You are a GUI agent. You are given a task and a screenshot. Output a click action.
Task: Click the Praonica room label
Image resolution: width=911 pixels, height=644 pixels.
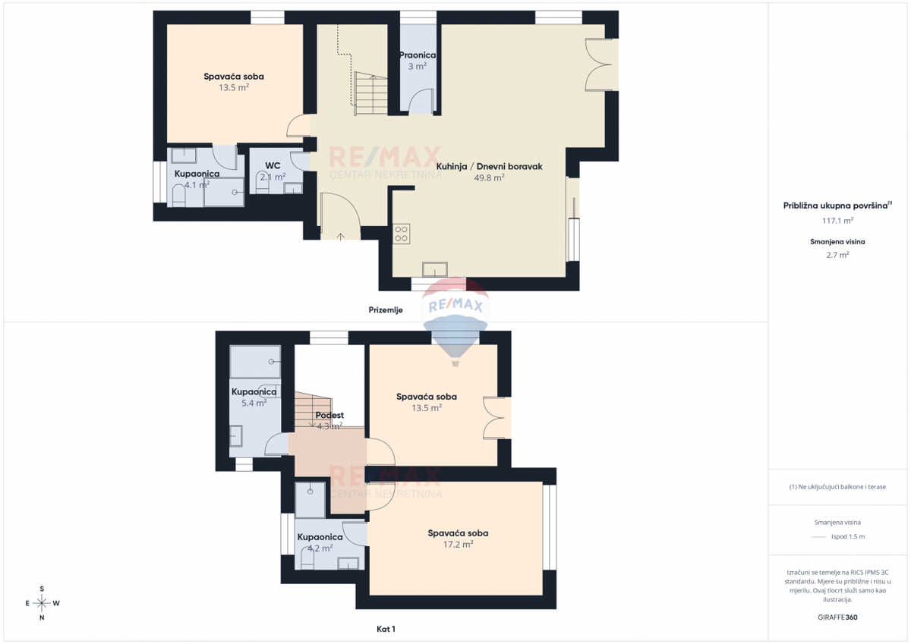click(x=418, y=55)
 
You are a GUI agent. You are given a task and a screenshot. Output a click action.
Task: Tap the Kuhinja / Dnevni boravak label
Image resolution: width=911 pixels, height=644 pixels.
click(x=489, y=166)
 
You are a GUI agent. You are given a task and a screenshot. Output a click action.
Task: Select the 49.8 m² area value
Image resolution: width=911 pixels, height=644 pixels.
click(x=489, y=178)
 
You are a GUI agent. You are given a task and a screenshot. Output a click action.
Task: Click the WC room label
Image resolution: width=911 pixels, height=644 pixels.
click(x=273, y=165)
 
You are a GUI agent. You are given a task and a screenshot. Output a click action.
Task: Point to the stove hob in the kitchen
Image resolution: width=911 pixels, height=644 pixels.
click(x=401, y=234)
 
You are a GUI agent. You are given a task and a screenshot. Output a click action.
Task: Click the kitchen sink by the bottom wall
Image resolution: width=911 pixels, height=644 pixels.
click(x=435, y=269)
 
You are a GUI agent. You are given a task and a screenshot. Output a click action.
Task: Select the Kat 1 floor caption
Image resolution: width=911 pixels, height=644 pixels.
click(x=386, y=629)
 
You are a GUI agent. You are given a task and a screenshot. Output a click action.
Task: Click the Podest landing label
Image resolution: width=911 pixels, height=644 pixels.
click(x=329, y=415)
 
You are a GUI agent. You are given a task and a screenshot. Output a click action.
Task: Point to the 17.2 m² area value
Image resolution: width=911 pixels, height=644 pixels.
click(x=458, y=545)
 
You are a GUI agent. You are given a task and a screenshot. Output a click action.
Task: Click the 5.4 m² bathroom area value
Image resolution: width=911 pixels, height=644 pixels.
click(x=254, y=404)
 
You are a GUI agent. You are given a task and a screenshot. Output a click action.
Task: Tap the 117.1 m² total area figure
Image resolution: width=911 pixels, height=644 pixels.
click(x=837, y=221)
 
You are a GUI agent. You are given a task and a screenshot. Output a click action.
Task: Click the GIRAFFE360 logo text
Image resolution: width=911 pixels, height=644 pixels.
click(x=837, y=617)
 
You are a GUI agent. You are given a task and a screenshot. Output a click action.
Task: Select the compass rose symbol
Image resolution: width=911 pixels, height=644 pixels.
click(x=42, y=603)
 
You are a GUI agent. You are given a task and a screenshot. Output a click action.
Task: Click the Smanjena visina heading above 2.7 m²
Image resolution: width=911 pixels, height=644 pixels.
click(x=837, y=242)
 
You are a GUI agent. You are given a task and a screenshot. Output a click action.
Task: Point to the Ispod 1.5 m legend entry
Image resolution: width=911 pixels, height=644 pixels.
click(x=847, y=536)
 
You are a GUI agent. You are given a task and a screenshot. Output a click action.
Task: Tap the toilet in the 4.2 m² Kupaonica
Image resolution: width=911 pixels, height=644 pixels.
click(x=307, y=560)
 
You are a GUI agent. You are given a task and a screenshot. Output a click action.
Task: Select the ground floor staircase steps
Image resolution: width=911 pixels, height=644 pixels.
click(x=370, y=95)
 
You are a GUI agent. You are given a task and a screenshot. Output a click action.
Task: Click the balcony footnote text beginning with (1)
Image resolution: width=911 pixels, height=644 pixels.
click(x=837, y=487)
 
